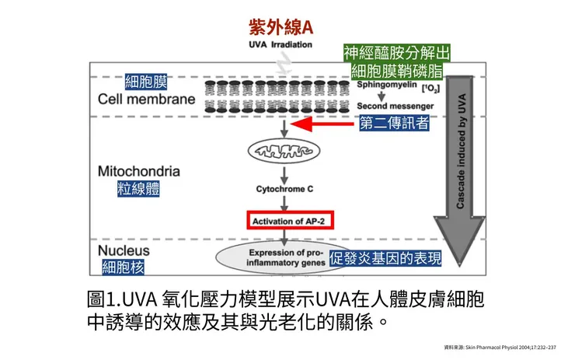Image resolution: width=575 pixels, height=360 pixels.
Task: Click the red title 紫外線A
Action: click(281, 26)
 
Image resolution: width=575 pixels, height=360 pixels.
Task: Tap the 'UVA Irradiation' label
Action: click(281, 44)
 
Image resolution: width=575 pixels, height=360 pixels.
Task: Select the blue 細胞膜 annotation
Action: click(146, 82)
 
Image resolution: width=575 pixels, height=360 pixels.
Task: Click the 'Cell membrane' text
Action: click(147, 100)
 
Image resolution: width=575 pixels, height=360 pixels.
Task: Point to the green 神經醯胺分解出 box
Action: click(396, 53)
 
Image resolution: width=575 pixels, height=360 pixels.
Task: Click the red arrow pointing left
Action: click(326, 124)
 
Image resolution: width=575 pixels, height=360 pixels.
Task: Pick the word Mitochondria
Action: click(139, 171)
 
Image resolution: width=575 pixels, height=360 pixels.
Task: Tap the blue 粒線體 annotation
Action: click(138, 190)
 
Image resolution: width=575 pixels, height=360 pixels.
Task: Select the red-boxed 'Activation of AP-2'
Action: click(291, 220)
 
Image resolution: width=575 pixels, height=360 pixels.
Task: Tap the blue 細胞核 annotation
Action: click(125, 268)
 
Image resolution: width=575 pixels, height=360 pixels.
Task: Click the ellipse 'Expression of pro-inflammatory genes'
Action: click(285, 257)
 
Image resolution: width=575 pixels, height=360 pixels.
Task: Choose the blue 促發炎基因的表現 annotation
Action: click(386, 259)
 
